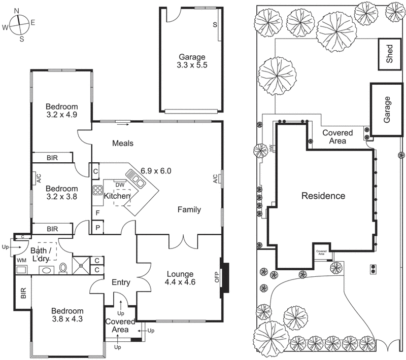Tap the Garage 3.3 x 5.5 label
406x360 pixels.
pyautogui.click(x=192, y=61)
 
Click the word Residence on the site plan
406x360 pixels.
pyautogui.click(x=323, y=196)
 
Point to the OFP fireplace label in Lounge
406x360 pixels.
pyautogui.click(x=217, y=277)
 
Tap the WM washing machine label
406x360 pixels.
pyautogui.click(x=21, y=260)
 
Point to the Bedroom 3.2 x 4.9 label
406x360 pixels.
pyautogui.click(x=62, y=111)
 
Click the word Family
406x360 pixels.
pyautogui.click(x=189, y=209)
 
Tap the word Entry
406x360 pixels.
pyautogui.click(x=121, y=282)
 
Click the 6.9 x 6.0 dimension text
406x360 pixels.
pyautogui.click(x=156, y=171)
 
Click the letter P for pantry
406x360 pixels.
pyautogui.click(x=97, y=227)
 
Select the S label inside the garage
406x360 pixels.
pyautogui.click(x=215, y=24)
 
